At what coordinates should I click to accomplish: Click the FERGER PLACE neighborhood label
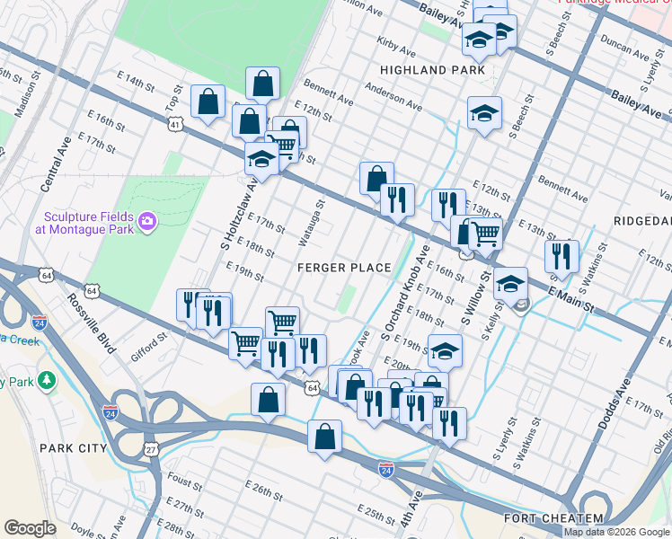(345, 268)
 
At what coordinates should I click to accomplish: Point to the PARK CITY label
(73, 447)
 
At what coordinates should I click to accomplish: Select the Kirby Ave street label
(393, 42)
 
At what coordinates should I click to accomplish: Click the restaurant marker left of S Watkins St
(561, 254)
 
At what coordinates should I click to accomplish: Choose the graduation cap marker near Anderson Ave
(484, 113)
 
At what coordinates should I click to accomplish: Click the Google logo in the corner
(30, 527)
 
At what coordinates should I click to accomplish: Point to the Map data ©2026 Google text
(616, 532)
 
